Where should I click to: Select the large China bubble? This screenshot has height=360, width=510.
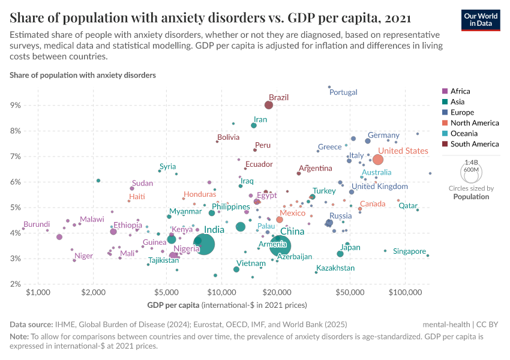point(280,245)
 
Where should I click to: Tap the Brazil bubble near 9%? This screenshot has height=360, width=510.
point(269,105)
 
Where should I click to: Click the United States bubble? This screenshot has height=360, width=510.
point(378,160)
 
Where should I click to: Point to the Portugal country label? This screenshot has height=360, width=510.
point(344,92)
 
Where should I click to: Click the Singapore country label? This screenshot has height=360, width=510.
point(409,251)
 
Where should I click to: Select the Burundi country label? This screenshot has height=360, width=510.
point(37,224)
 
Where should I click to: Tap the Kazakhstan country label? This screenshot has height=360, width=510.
point(335,268)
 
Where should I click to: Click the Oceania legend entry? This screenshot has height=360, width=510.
point(464,133)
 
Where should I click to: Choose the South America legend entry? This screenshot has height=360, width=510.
point(474,144)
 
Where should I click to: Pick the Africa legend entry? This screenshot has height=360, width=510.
point(460,91)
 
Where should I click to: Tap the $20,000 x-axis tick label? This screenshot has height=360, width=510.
point(277,292)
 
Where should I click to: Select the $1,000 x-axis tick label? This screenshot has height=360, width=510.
point(38,292)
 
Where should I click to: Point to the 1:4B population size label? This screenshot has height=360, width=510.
point(472,163)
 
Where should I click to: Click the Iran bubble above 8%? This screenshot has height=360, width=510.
point(254,125)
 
